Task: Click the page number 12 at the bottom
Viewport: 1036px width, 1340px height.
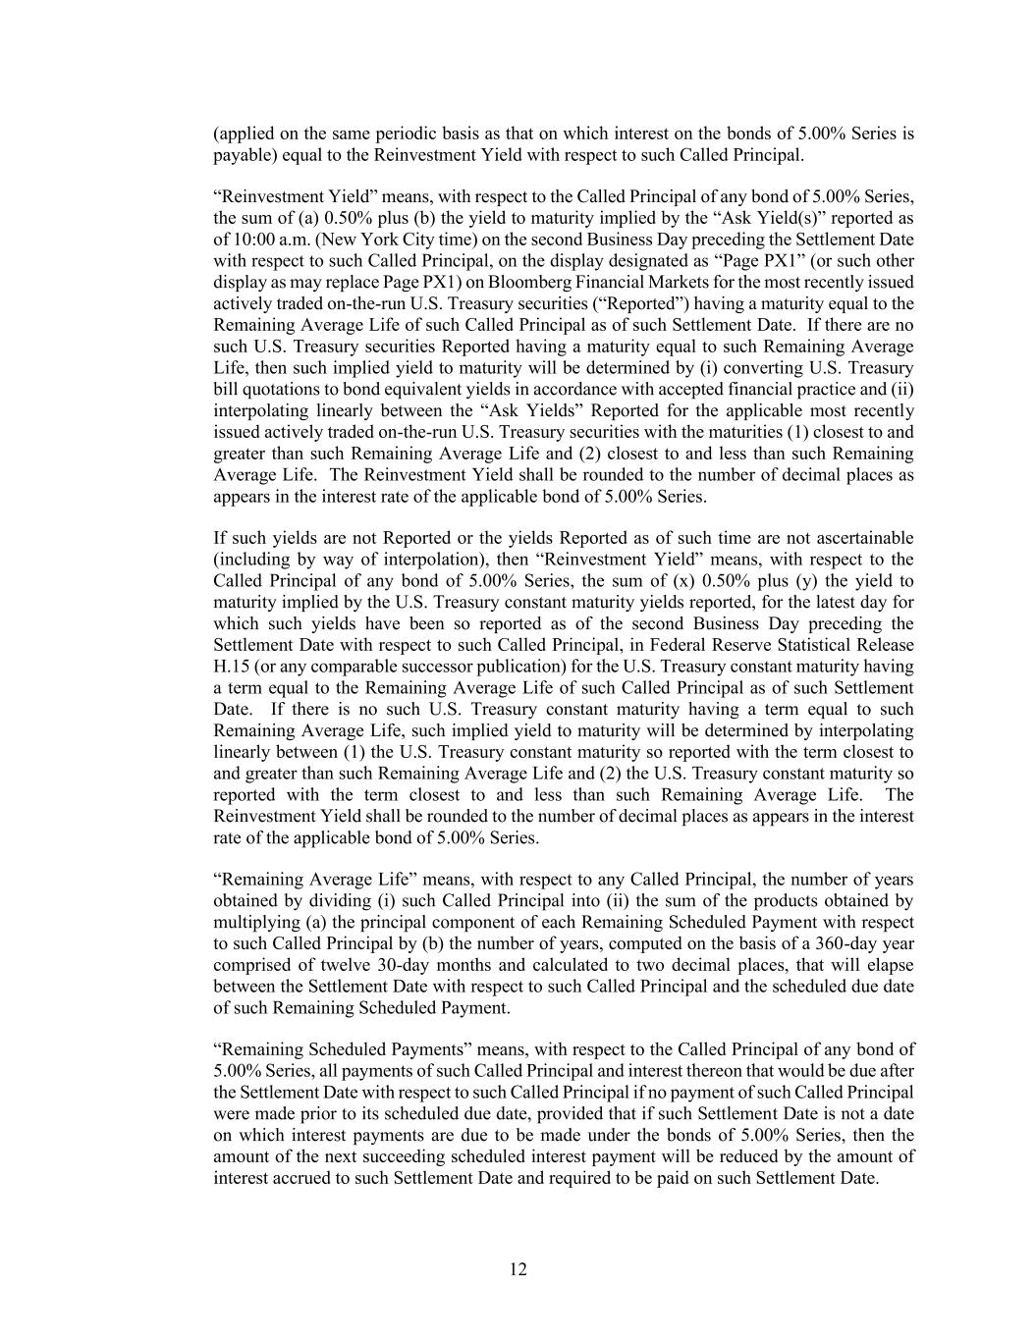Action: point(518,1269)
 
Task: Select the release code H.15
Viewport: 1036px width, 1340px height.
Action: point(233,667)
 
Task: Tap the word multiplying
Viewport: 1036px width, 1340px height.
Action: point(258,922)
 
